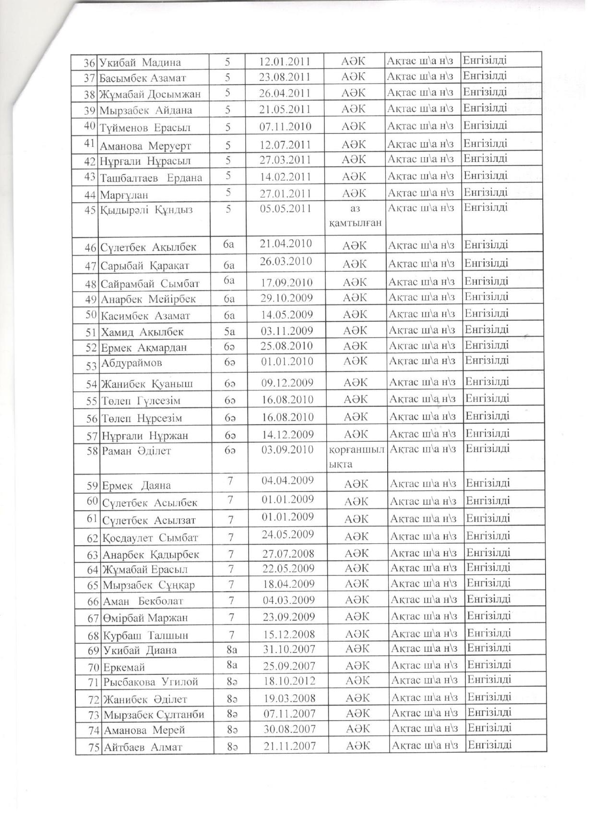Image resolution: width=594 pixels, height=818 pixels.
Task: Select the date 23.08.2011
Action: (x=284, y=77)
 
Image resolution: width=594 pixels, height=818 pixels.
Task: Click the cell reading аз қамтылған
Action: (x=356, y=216)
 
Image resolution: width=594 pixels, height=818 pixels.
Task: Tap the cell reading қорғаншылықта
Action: (x=356, y=457)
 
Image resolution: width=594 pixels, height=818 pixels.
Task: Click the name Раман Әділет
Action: (x=136, y=451)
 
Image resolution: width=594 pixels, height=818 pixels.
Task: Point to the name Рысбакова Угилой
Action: (x=150, y=682)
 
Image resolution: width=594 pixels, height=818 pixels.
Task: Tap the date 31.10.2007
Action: (x=289, y=649)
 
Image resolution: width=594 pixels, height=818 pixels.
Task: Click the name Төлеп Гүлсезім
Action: (x=141, y=401)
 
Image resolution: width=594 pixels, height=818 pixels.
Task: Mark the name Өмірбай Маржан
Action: (x=145, y=618)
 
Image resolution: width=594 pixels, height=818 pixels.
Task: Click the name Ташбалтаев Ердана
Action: (x=151, y=178)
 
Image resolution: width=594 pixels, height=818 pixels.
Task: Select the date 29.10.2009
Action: (x=286, y=298)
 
